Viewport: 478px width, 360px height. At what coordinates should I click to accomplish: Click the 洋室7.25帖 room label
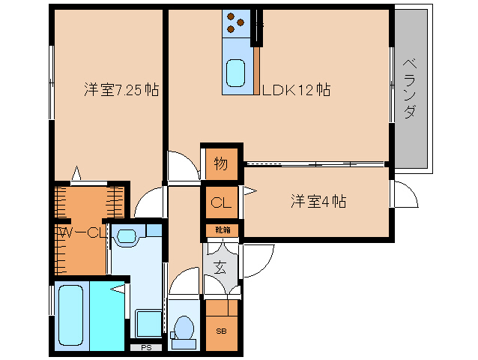point(121,90)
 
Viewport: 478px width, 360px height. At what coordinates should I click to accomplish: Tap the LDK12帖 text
point(297,90)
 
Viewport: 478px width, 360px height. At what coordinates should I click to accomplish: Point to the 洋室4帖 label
point(318,201)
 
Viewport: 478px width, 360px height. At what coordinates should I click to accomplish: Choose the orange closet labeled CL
point(221,202)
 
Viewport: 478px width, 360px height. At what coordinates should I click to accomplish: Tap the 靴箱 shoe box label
point(223,229)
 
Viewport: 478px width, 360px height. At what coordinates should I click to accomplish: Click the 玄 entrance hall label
point(220,266)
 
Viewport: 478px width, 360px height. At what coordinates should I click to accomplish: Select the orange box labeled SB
point(221,331)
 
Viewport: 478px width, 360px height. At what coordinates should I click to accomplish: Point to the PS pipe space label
point(146,348)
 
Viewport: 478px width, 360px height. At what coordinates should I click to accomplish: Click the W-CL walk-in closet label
point(79,232)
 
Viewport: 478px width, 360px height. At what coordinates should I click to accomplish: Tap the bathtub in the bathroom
point(72,314)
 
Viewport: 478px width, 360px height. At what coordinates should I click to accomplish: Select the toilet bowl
point(183,328)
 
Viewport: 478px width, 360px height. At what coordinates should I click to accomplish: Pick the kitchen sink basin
point(237,73)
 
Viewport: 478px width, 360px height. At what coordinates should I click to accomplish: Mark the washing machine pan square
point(148,322)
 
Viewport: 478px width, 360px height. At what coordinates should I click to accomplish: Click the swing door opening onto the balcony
point(405,194)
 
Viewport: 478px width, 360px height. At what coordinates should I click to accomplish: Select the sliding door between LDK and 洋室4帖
point(315,163)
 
